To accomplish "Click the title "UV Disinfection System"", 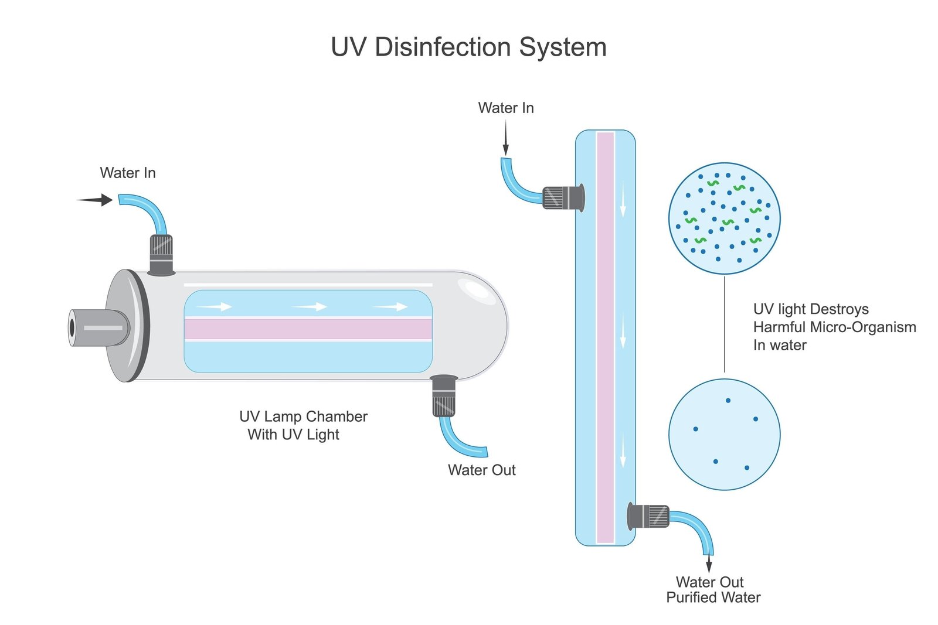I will pos(468,47).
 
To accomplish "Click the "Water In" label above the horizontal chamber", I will pos(128,173).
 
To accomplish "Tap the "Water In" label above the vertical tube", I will pos(506,108).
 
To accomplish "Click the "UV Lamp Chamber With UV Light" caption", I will pos(303,425).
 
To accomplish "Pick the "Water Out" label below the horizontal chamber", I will pos(481,470).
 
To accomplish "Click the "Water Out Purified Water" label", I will pos(713,590).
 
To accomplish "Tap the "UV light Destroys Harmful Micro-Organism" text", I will pos(834,327).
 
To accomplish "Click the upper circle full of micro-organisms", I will pos(725,218).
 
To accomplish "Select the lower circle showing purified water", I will pos(725,434).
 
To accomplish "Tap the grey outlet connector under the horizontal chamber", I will pos(444,396).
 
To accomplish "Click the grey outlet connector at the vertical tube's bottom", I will pos(648,516).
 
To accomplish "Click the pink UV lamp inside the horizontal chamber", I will pos(308,329).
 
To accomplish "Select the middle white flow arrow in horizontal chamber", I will pos(309,306).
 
